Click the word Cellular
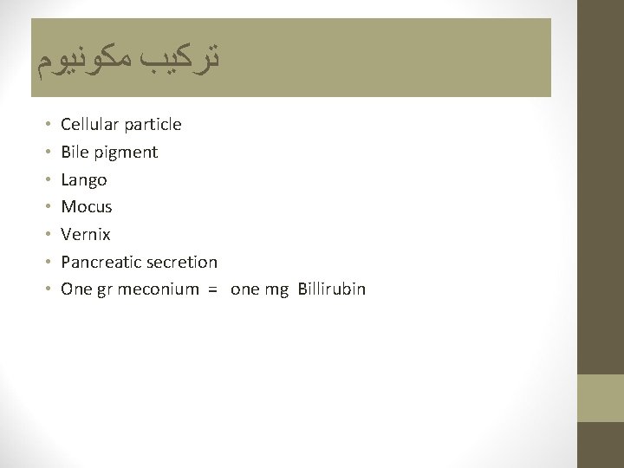click(90, 125)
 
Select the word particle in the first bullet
click(153, 125)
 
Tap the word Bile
click(75, 153)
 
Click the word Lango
click(84, 180)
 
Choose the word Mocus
click(87, 207)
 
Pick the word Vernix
click(86, 235)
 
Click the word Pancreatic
click(99, 262)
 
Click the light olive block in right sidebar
click(600, 398)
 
